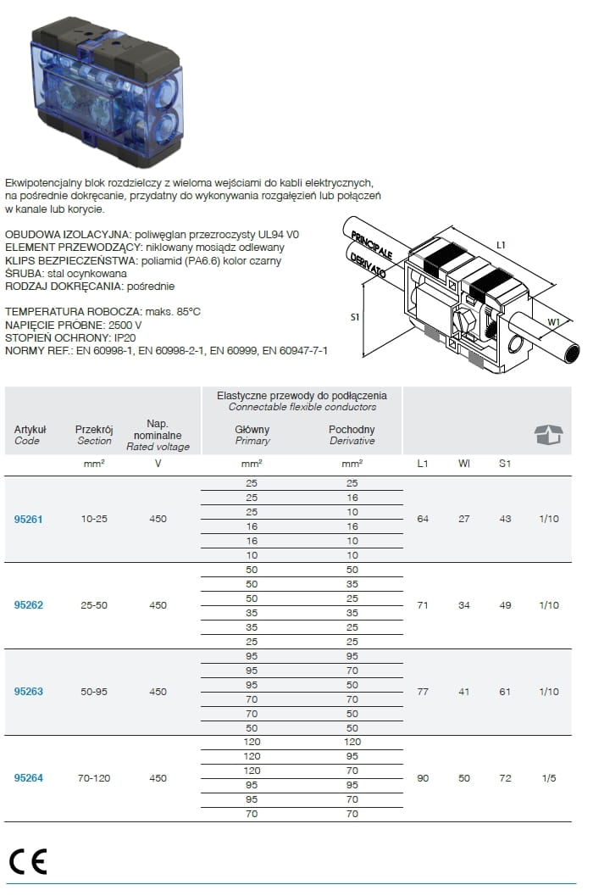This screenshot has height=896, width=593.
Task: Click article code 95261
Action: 28,519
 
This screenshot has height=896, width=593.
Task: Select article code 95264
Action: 28,777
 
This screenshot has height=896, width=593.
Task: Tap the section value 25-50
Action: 94,605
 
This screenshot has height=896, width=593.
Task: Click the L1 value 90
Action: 423,777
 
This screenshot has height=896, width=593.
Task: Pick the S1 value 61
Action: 505,692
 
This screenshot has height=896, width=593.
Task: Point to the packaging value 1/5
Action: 550,777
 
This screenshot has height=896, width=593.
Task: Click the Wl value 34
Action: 464,605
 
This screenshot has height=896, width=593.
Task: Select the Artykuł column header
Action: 30,429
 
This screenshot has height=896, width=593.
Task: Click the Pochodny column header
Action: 352,429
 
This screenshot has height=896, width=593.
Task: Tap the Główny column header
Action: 252,429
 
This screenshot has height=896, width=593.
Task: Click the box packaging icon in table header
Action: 548,435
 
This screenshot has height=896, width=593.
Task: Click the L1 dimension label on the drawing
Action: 501,245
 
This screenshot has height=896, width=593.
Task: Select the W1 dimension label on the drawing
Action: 553,322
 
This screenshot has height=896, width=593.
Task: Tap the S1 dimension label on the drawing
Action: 356,318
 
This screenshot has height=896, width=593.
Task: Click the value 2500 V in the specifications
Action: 122,325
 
